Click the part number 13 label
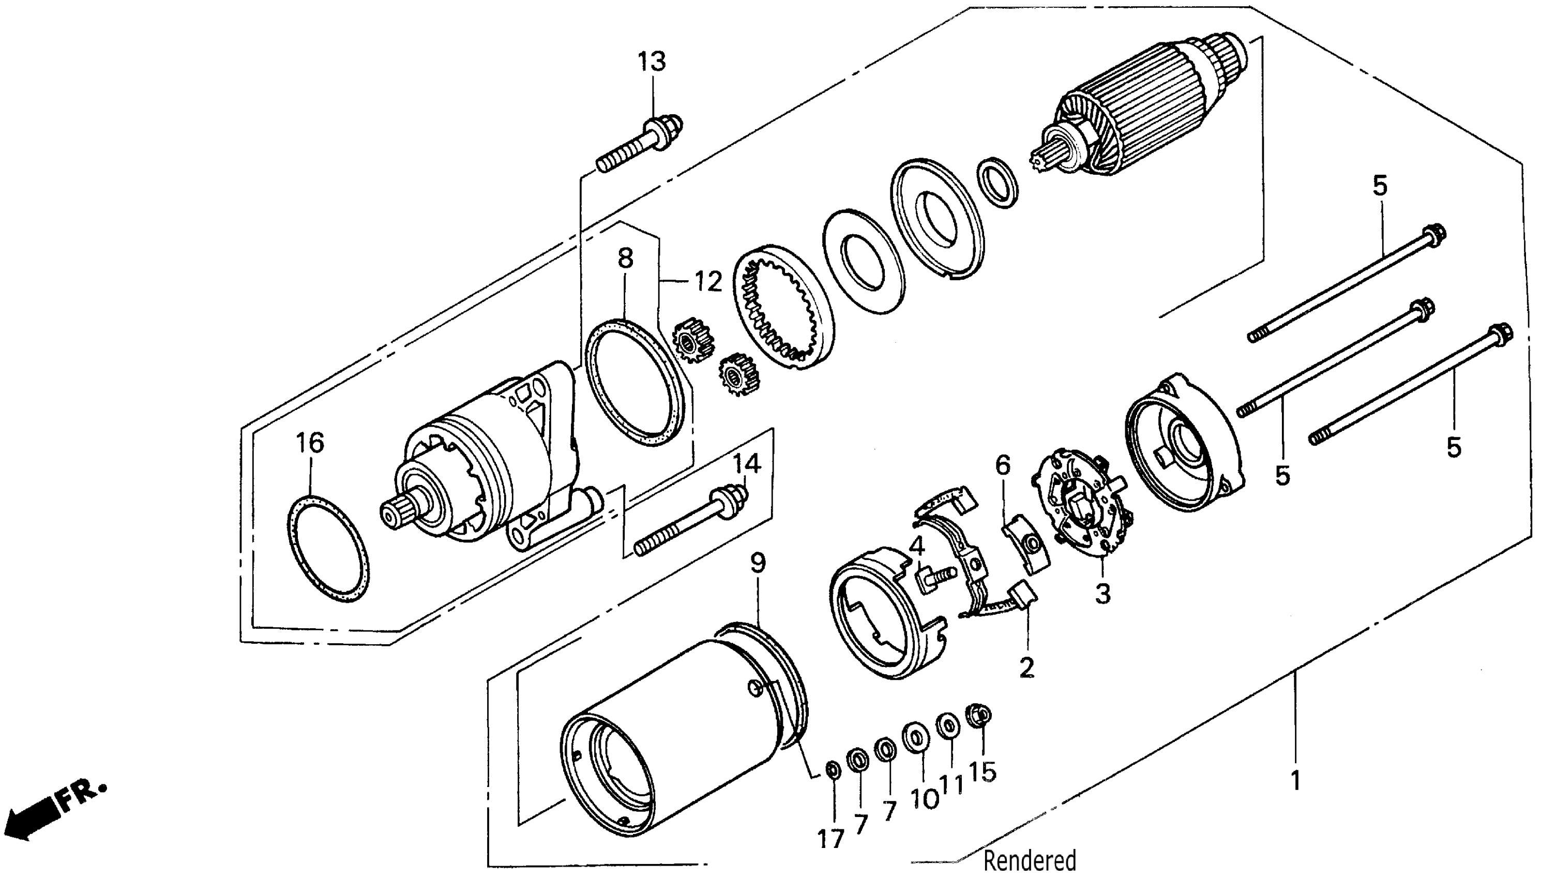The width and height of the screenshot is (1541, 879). [652, 62]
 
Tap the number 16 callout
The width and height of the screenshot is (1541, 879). [310, 443]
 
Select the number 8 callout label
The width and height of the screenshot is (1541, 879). [625, 259]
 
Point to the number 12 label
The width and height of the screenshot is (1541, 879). [707, 281]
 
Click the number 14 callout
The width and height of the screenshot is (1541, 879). [747, 464]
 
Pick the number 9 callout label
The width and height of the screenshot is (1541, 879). [758, 563]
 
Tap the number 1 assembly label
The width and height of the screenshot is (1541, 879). [1295, 781]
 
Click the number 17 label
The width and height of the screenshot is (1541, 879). [830, 839]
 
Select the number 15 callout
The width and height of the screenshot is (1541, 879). [982, 771]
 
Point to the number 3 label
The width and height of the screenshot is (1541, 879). [1103, 594]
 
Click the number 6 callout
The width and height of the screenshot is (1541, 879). [1002, 465]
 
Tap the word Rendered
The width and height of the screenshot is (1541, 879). [1030, 860]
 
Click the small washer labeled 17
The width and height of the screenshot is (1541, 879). [832, 770]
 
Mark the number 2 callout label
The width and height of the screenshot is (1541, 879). [1026, 668]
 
